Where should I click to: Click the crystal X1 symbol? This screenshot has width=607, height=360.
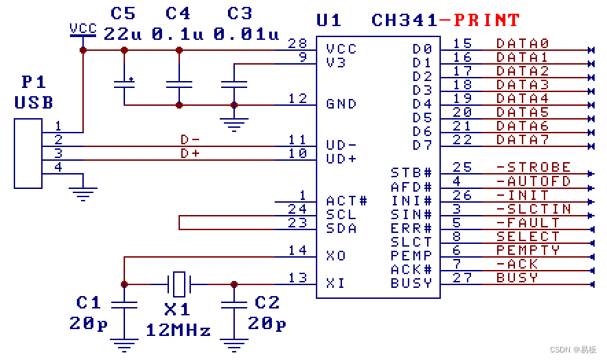[179, 284]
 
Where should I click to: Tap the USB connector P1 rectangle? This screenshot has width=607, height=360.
[28, 153]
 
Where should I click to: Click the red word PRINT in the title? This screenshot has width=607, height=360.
[487, 20]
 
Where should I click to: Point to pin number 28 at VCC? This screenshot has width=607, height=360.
[297, 43]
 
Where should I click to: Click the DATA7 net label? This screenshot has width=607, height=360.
[523, 139]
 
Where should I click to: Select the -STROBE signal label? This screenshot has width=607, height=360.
[534, 167]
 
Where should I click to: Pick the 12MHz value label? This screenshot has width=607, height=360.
[179, 330]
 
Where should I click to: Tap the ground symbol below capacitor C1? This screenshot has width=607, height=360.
[124, 344]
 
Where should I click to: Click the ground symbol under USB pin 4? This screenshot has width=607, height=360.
[83, 194]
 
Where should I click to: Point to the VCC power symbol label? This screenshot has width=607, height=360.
[83, 28]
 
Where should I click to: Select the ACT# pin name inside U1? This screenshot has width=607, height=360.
[347, 201]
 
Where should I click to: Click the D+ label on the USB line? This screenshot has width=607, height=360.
[190, 153]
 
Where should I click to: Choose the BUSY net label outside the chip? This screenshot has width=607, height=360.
[517, 278]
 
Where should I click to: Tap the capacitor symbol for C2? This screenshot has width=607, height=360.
[234, 305]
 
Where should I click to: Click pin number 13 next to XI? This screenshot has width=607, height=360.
[297, 278]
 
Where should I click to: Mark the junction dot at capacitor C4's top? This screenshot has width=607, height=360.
[179, 50]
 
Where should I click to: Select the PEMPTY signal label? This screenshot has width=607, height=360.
[528, 250]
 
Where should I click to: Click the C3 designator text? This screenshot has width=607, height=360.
[240, 14]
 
